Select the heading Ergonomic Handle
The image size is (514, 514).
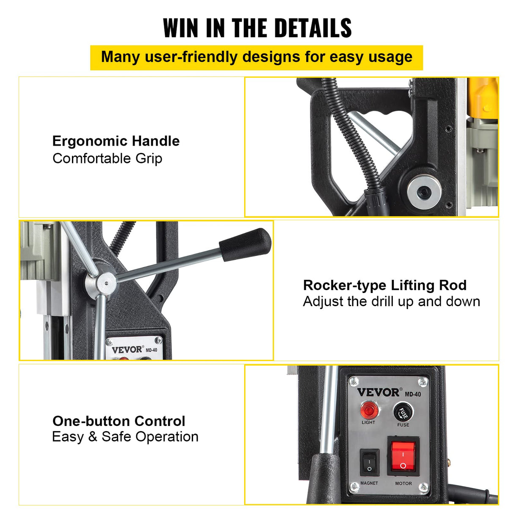tap(116, 141)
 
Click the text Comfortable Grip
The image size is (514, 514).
tap(107, 158)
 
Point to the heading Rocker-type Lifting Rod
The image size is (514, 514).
tap(385, 285)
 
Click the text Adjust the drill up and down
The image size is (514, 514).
tap(392, 301)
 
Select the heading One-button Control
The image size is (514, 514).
tap(119, 421)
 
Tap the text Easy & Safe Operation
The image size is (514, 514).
tap(125, 437)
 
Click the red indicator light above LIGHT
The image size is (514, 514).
tap(369, 410)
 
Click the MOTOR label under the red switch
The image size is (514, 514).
tap(403, 483)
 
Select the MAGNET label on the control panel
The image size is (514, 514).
tap(369, 483)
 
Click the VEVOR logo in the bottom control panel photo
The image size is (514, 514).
tap(378, 392)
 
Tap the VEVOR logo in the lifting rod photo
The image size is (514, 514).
tap(127, 349)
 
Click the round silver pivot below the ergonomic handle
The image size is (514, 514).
tap(424, 191)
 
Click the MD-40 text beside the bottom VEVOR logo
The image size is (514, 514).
tap(413, 394)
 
